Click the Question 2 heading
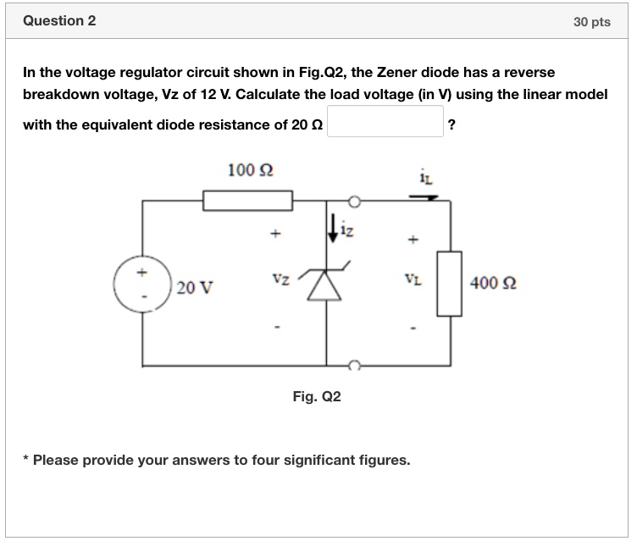[x=59, y=21]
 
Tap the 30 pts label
[x=591, y=22]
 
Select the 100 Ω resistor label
[x=250, y=170]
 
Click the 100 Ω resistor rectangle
[x=247, y=200]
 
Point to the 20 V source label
[x=197, y=289]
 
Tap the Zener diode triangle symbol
[x=327, y=288]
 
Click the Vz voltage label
[x=281, y=278]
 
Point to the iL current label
[x=425, y=176]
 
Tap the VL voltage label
[x=413, y=278]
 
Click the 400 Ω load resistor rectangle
[x=450, y=283]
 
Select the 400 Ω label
[x=492, y=283]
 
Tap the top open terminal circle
[x=356, y=201]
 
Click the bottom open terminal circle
[x=356, y=365]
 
